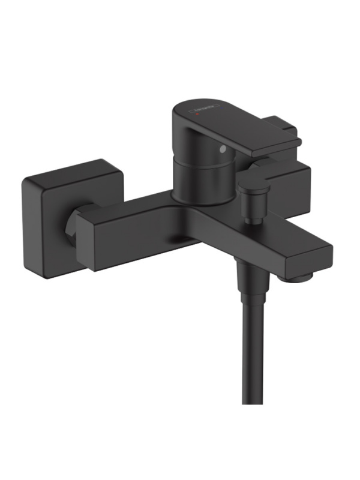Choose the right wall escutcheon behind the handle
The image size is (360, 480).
click(x=288, y=180)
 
